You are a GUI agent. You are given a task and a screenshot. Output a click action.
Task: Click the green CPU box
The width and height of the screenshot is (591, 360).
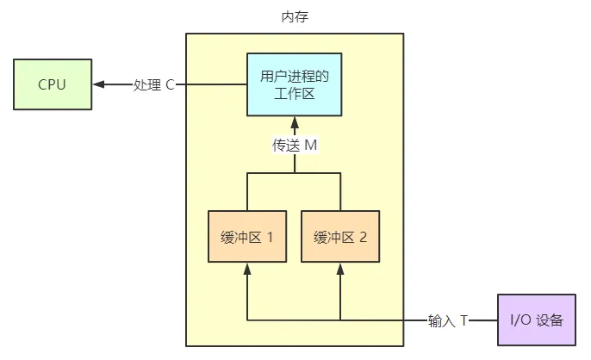coord(52,84)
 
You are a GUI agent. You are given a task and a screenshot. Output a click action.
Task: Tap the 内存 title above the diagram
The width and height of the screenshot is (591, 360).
coord(295,17)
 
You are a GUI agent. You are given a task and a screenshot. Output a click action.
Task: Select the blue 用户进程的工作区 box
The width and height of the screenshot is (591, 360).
coord(295,84)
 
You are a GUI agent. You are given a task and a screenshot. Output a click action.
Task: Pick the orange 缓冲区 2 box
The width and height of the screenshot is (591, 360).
coord(340,235)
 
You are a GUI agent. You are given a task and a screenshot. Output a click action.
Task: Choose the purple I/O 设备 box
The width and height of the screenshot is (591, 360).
coord(536,320)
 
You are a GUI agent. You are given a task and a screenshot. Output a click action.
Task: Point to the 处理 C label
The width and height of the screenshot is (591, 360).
coord(154,85)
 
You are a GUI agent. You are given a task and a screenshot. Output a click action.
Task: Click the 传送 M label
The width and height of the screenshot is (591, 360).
coord(295,145)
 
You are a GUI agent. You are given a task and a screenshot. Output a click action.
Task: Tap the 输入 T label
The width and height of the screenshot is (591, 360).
coord(448,321)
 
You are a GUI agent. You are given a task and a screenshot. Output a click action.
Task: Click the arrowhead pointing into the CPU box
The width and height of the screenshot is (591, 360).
coord(98,84)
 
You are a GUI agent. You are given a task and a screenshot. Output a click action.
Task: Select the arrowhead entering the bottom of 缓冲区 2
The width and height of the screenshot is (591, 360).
coord(340,269)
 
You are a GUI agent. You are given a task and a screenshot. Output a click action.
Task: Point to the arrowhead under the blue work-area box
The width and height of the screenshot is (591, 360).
coord(295,122)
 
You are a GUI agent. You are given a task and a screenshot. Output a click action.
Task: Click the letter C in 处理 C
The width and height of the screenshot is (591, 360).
coord(171,85)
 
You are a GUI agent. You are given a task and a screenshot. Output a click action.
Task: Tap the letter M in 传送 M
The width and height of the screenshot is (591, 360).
coord(311,145)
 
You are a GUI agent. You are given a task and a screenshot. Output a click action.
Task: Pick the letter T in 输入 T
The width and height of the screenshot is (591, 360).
coord(463,321)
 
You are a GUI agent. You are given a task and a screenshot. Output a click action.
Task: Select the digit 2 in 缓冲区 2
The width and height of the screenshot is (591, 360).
coord(363,235)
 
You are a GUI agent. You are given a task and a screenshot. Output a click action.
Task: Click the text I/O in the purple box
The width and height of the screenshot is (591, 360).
coord(521,320)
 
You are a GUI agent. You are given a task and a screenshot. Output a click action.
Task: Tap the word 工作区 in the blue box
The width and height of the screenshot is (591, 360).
coord(295,93)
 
